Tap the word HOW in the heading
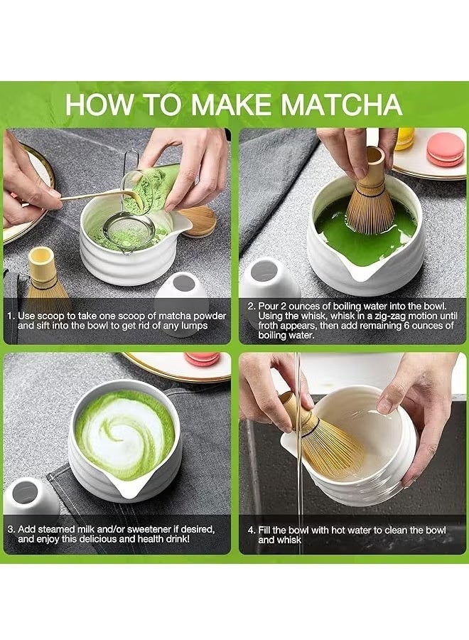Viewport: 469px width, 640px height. coord(99,104)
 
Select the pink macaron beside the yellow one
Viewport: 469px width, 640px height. coord(446,150)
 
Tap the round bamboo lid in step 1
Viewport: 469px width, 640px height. coord(197,220)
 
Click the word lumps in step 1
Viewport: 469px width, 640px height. coord(193,326)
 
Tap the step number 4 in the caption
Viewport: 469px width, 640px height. coord(250,530)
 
